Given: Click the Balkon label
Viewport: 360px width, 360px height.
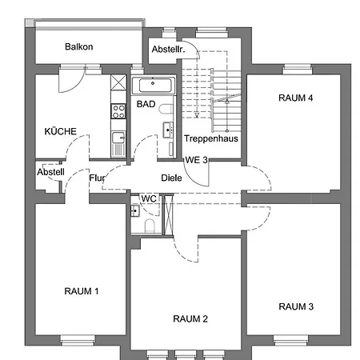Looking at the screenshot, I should pyautogui.click(x=78, y=46).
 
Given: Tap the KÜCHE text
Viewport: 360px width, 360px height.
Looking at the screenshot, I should pyautogui.click(x=60, y=130).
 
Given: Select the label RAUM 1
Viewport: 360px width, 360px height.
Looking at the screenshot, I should pyautogui.click(x=81, y=290).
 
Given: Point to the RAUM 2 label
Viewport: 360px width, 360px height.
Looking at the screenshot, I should pyautogui.click(x=190, y=318).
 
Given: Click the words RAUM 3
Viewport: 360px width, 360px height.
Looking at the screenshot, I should pyautogui.click(x=296, y=306).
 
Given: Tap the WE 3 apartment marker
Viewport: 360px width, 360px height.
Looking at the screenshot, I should pyautogui.click(x=197, y=160).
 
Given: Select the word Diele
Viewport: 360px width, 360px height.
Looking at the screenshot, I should pyautogui.click(x=170, y=178).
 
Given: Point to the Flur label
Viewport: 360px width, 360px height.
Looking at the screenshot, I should pyautogui.click(x=98, y=178).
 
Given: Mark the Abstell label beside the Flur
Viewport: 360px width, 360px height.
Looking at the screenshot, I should pyautogui.click(x=49, y=171).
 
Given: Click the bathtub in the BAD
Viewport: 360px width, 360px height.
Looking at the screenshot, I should pyautogui.click(x=154, y=85).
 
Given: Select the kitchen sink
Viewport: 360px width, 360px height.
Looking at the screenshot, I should pyautogui.click(x=118, y=138).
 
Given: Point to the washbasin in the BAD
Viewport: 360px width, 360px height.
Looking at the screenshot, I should pyautogui.click(x=170, y=128).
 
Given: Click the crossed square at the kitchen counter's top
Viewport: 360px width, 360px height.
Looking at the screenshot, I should pyautogui.click(x=118, y=83).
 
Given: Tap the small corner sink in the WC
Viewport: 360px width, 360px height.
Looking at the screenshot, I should pyautogui.click(x=134, y=211).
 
